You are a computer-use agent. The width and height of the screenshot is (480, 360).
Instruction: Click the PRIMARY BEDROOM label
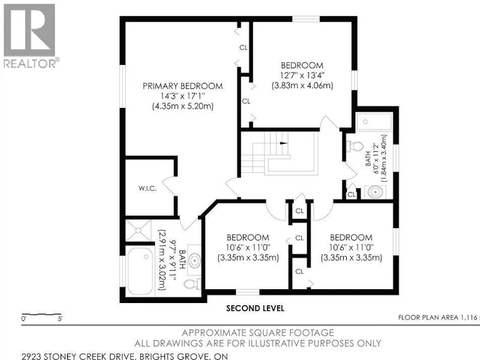tap(183, 86)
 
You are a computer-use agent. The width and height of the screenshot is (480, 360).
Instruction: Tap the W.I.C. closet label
tap(147, 188)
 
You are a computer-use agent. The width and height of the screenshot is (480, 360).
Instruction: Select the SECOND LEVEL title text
tap(256, 308)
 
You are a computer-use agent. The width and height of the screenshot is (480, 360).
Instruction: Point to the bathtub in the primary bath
tap(140, 271)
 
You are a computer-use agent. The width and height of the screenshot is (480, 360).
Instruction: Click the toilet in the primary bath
tap(193, 284)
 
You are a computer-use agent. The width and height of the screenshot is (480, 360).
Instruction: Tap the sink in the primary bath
tap(194, 260)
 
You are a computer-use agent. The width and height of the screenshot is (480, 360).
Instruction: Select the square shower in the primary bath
tap(139, 230)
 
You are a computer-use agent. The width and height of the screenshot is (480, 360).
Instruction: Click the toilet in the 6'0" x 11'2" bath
tap(355, 146)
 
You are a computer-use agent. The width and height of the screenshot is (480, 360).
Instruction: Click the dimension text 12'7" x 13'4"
tap(302, 76)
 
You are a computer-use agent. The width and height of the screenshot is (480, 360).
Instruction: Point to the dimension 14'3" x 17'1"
tap(183, 96)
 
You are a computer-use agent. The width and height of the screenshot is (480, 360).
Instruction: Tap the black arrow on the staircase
tap(284, 143)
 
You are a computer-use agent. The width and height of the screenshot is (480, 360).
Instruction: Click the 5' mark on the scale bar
tap(60, 319)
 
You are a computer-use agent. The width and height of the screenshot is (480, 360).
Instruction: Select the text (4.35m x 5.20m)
tap(183, 106)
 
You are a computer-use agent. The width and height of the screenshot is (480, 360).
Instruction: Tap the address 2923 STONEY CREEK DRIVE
tap(79, 356)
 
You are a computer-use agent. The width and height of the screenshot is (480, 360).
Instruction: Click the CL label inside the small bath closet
tap(352, 194)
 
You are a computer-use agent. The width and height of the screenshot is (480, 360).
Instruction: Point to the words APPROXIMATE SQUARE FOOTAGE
tap(258, 333)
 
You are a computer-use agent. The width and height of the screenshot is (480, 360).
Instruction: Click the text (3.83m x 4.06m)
tap(302, 85)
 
